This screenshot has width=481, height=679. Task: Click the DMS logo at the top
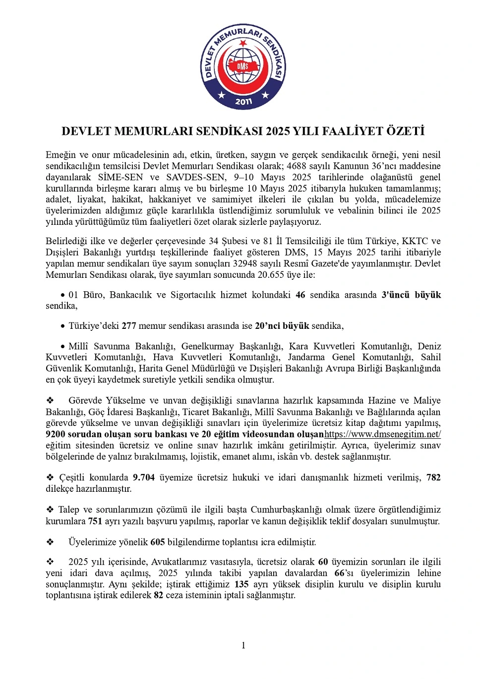243,67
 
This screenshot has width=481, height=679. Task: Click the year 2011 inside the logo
243,102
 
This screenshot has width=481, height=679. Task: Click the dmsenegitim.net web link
382,434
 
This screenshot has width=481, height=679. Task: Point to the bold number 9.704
144,477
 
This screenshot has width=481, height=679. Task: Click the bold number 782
433,477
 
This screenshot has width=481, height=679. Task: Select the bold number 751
95,521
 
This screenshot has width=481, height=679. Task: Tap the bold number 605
158,542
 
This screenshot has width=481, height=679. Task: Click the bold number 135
241,584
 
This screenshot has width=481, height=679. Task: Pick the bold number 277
129,326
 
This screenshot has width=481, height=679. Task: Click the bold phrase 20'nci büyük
282,326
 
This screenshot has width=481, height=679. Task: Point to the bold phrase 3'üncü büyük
411,295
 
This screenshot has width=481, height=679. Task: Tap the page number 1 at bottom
243,645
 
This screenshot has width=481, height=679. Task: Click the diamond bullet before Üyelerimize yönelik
50,542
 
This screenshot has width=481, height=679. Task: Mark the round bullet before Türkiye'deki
63,326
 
